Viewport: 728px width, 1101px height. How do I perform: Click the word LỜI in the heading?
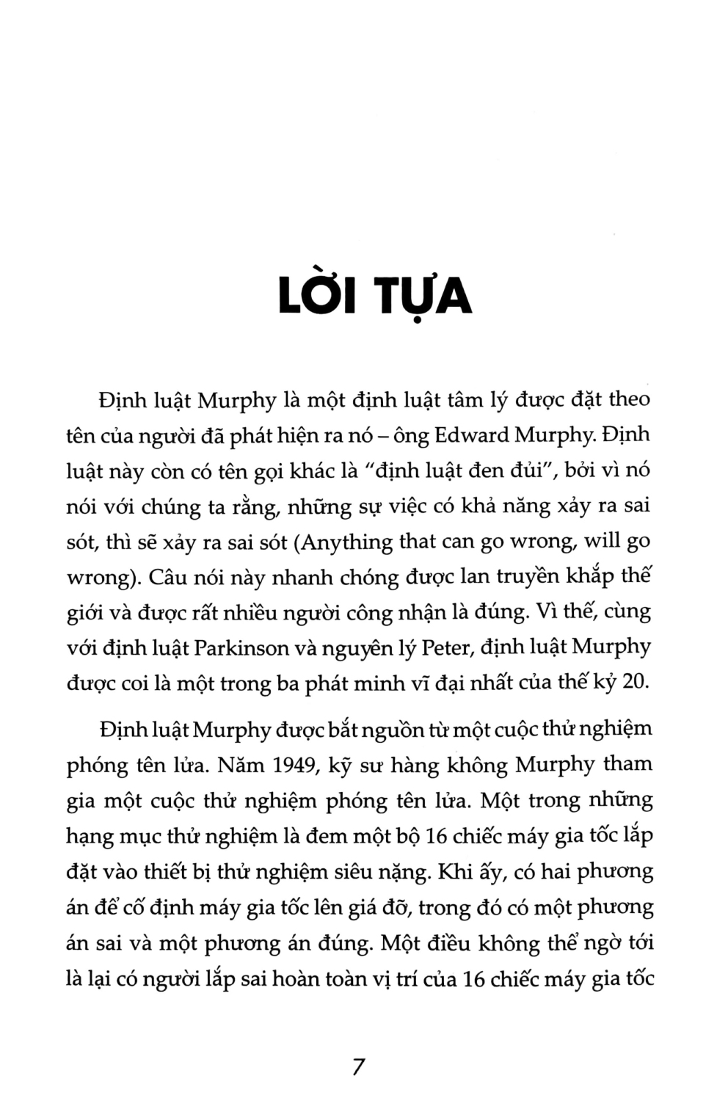(317, 296)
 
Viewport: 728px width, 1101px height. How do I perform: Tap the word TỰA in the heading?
(423, 296)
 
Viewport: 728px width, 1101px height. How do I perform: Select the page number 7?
(358, 1066)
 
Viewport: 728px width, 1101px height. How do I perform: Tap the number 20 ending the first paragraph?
(636, 682)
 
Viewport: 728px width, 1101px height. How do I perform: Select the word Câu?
(170, 577)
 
